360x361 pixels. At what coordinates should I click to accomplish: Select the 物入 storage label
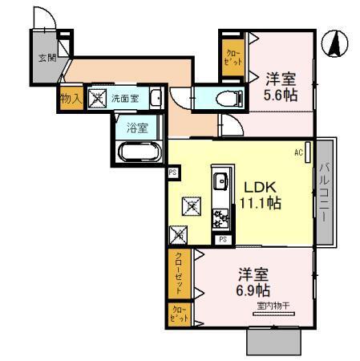[70, 99]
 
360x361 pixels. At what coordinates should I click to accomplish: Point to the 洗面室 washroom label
[124, 99]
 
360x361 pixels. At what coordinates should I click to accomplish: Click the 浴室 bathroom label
[138, 126]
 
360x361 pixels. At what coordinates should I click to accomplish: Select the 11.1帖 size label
[259, 202]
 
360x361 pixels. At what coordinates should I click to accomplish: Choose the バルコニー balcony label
[326, 192]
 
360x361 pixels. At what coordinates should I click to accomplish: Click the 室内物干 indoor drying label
[273, 305]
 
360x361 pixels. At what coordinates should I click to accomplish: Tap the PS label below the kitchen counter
[222, 239]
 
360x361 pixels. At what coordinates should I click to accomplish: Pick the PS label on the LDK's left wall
[172, 170]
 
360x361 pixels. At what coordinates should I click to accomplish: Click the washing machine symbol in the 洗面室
[97, 99]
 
